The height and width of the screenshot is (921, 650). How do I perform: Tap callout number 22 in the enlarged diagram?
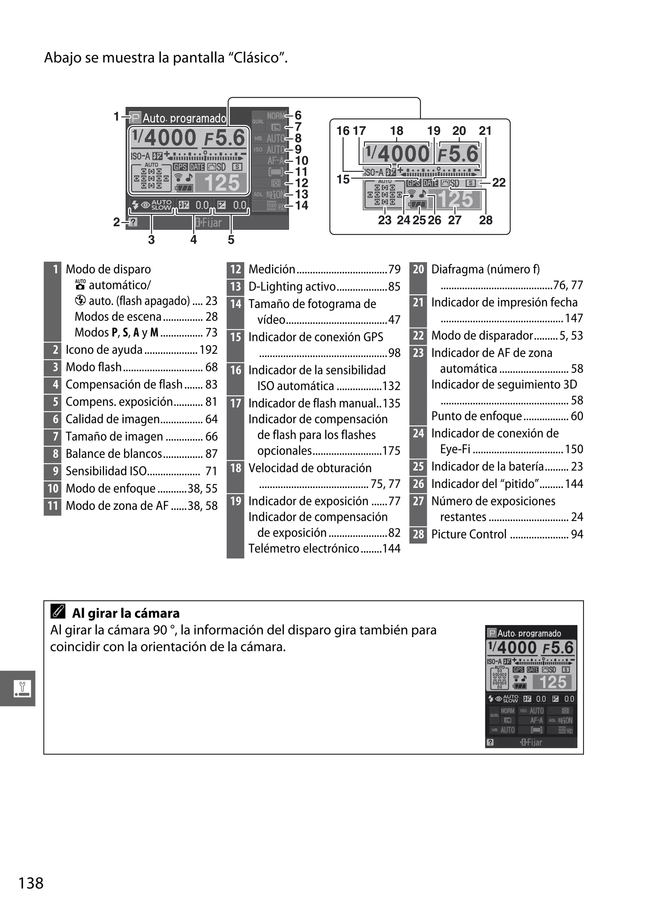[499, 183]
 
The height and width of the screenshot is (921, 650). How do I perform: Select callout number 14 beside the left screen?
[302, 205]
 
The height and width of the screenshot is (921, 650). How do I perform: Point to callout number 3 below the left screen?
[151, 240]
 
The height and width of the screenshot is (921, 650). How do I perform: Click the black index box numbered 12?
[235, 269]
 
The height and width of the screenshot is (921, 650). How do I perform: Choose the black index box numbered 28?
[418, 534]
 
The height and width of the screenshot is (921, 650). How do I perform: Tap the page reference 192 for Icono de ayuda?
[209, 350]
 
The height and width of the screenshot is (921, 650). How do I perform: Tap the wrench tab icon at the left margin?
[21, 688]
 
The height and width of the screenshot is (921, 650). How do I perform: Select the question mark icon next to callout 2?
[133, 222]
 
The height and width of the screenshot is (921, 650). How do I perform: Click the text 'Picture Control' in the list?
[469, 534]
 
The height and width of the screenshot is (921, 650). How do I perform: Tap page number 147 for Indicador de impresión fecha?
[574, 318]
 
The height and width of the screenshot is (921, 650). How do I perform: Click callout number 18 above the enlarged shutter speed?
[397, 131]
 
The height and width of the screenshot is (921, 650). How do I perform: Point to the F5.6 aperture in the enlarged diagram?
[458, 154]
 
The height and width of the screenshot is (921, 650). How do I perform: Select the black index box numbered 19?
[235, 501]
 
